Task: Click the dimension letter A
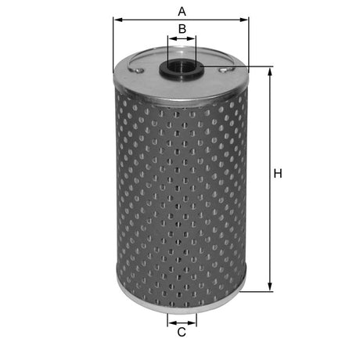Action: click(182, 11)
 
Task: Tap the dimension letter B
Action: click(182, 29)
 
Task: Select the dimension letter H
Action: click(277, 173)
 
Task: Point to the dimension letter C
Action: click(182, 333)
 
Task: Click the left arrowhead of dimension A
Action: click(117, 20)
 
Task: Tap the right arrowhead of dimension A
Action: click(244, 20)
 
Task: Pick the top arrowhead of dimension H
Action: click(271, 72)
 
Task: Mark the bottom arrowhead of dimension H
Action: click(271, 287)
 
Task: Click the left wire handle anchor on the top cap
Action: click(138, 71)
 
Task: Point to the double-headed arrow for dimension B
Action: click(182, 38)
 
